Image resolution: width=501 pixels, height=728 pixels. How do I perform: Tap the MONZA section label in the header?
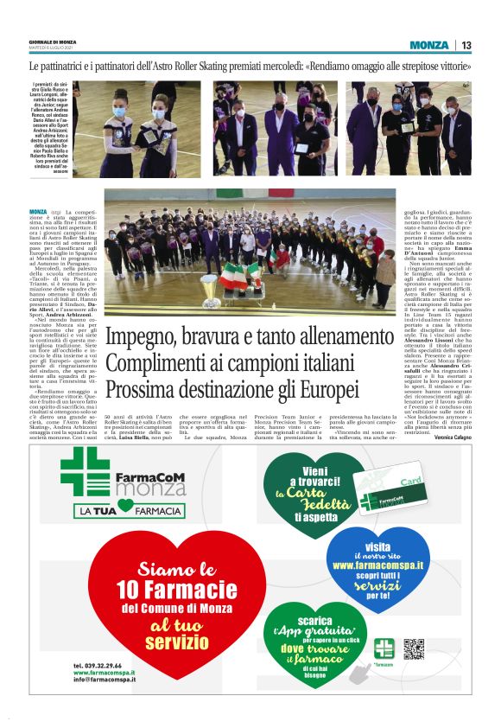429,45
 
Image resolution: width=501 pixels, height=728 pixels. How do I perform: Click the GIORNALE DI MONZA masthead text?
54,42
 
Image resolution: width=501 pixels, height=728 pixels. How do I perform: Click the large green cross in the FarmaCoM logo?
84,472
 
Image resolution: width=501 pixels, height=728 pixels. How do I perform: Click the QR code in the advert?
414,649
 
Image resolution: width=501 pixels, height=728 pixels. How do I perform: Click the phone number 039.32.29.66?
98,666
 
